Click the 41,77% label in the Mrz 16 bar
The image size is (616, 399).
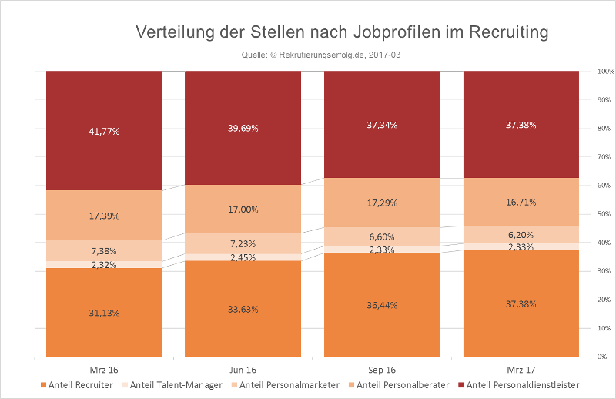tap(104, 131)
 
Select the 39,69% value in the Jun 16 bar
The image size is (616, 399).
tap(243, 128)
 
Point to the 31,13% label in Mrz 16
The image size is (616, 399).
tap(104, 312)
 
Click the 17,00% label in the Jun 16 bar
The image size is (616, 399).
tap(243, 209)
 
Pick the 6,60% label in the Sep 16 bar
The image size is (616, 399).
tap(382, 237)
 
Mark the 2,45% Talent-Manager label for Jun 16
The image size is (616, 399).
tap(243, 257)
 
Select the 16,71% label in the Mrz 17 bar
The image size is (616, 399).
tap(521, 202)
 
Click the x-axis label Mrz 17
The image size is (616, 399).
tap(521, 369)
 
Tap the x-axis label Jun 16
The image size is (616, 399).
tap(243, 369)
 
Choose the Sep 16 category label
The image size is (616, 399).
tap(382, 369)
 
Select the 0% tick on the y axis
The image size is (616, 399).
tap(604, 357)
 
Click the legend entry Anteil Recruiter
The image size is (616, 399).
tap(80, 384)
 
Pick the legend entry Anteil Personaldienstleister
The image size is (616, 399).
tap(523, 384)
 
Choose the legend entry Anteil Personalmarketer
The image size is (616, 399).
tap(289, 384)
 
